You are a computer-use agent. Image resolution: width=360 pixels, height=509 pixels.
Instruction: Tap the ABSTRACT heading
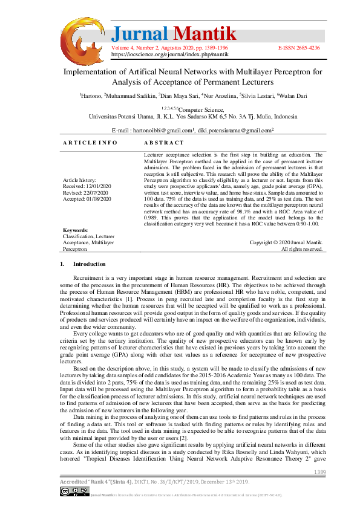tap(163, 143)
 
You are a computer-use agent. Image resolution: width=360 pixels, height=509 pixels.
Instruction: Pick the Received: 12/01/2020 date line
tap(87, 187)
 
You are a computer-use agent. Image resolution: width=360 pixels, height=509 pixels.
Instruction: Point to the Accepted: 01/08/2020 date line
tap(87, 198)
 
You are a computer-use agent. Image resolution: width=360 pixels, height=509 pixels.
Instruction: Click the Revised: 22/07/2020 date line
tap(86, 193)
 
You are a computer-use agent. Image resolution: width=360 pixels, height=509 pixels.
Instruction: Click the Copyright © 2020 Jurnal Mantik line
tap(286, 242)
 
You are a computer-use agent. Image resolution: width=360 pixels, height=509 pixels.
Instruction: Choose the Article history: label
tap(79, 181)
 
